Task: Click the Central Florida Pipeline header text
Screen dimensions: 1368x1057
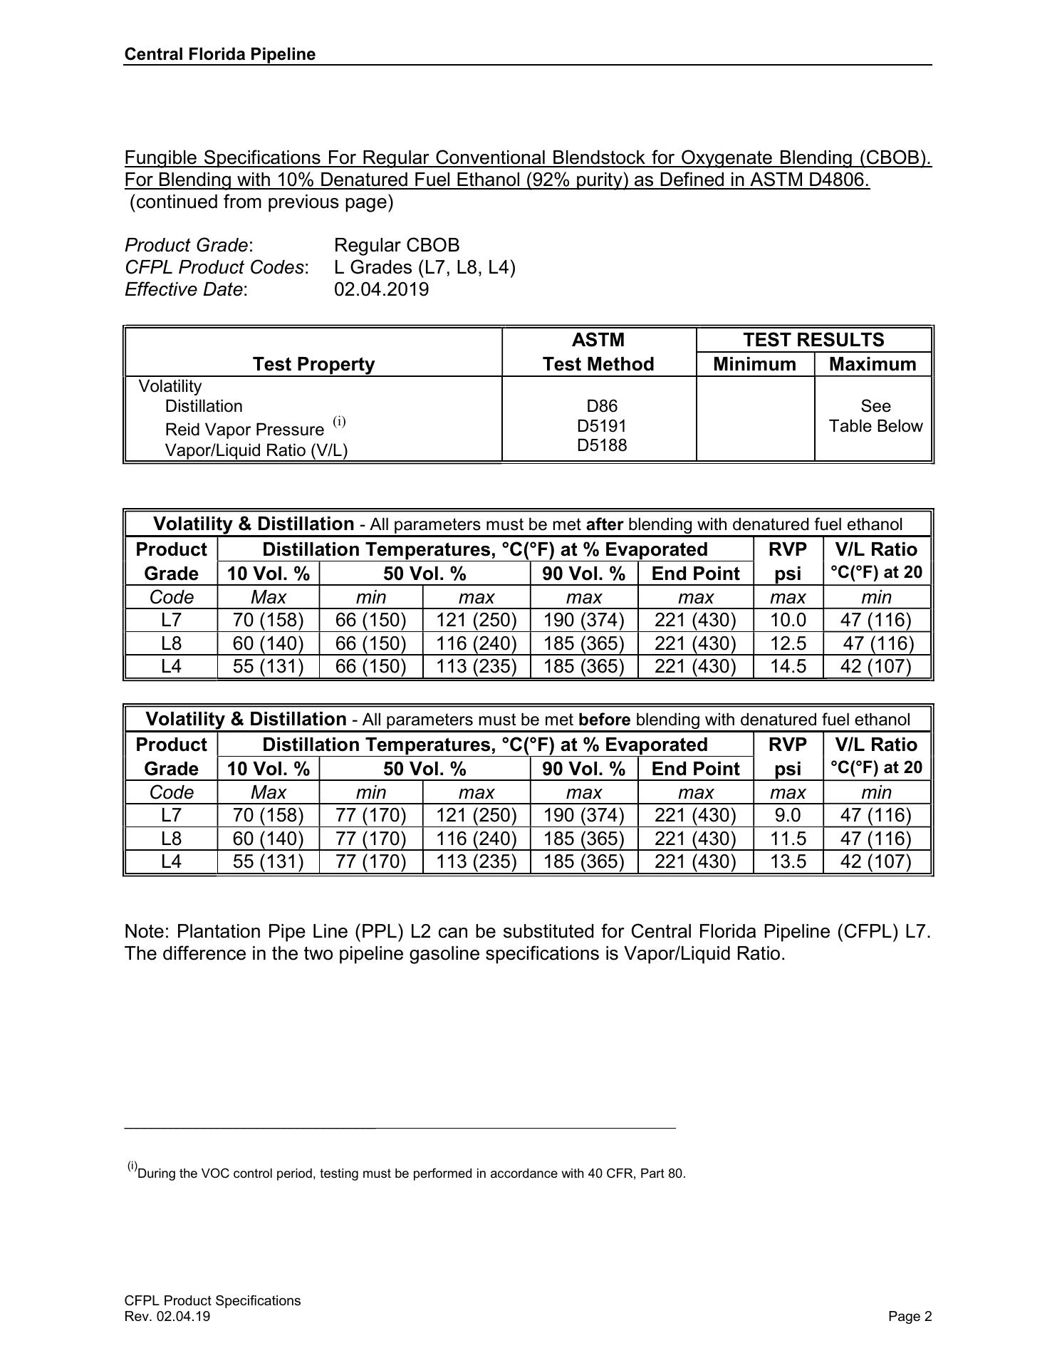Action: point(219,55)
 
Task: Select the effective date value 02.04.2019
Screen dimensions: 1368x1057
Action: point(381,289)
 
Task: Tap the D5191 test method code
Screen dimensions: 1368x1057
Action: point(601,426)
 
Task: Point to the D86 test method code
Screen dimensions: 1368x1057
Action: point(601,406)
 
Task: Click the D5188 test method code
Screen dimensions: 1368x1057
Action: point(601,445)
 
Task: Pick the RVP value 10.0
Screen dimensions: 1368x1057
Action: point(788,620)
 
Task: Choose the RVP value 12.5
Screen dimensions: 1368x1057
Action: point(788,643)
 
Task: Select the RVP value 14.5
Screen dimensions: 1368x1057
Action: point(788,666)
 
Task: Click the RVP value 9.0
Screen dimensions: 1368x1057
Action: point(788,815)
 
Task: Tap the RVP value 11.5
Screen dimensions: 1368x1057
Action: point(788,839)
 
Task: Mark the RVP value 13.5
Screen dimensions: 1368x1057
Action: point(788,861)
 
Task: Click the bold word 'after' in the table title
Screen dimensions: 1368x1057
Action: point(604,525)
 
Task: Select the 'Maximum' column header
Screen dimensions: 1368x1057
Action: point(873,364)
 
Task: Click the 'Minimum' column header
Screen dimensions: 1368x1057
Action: point(754,364)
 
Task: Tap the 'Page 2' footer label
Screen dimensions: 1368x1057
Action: point(910,1317)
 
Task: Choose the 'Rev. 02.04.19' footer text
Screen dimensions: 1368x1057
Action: point(167,1317)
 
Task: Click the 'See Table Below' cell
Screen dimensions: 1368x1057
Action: point(875,416)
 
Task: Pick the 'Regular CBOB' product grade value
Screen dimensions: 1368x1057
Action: point(397,245)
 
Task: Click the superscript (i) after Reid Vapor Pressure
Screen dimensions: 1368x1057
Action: point(339,421)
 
